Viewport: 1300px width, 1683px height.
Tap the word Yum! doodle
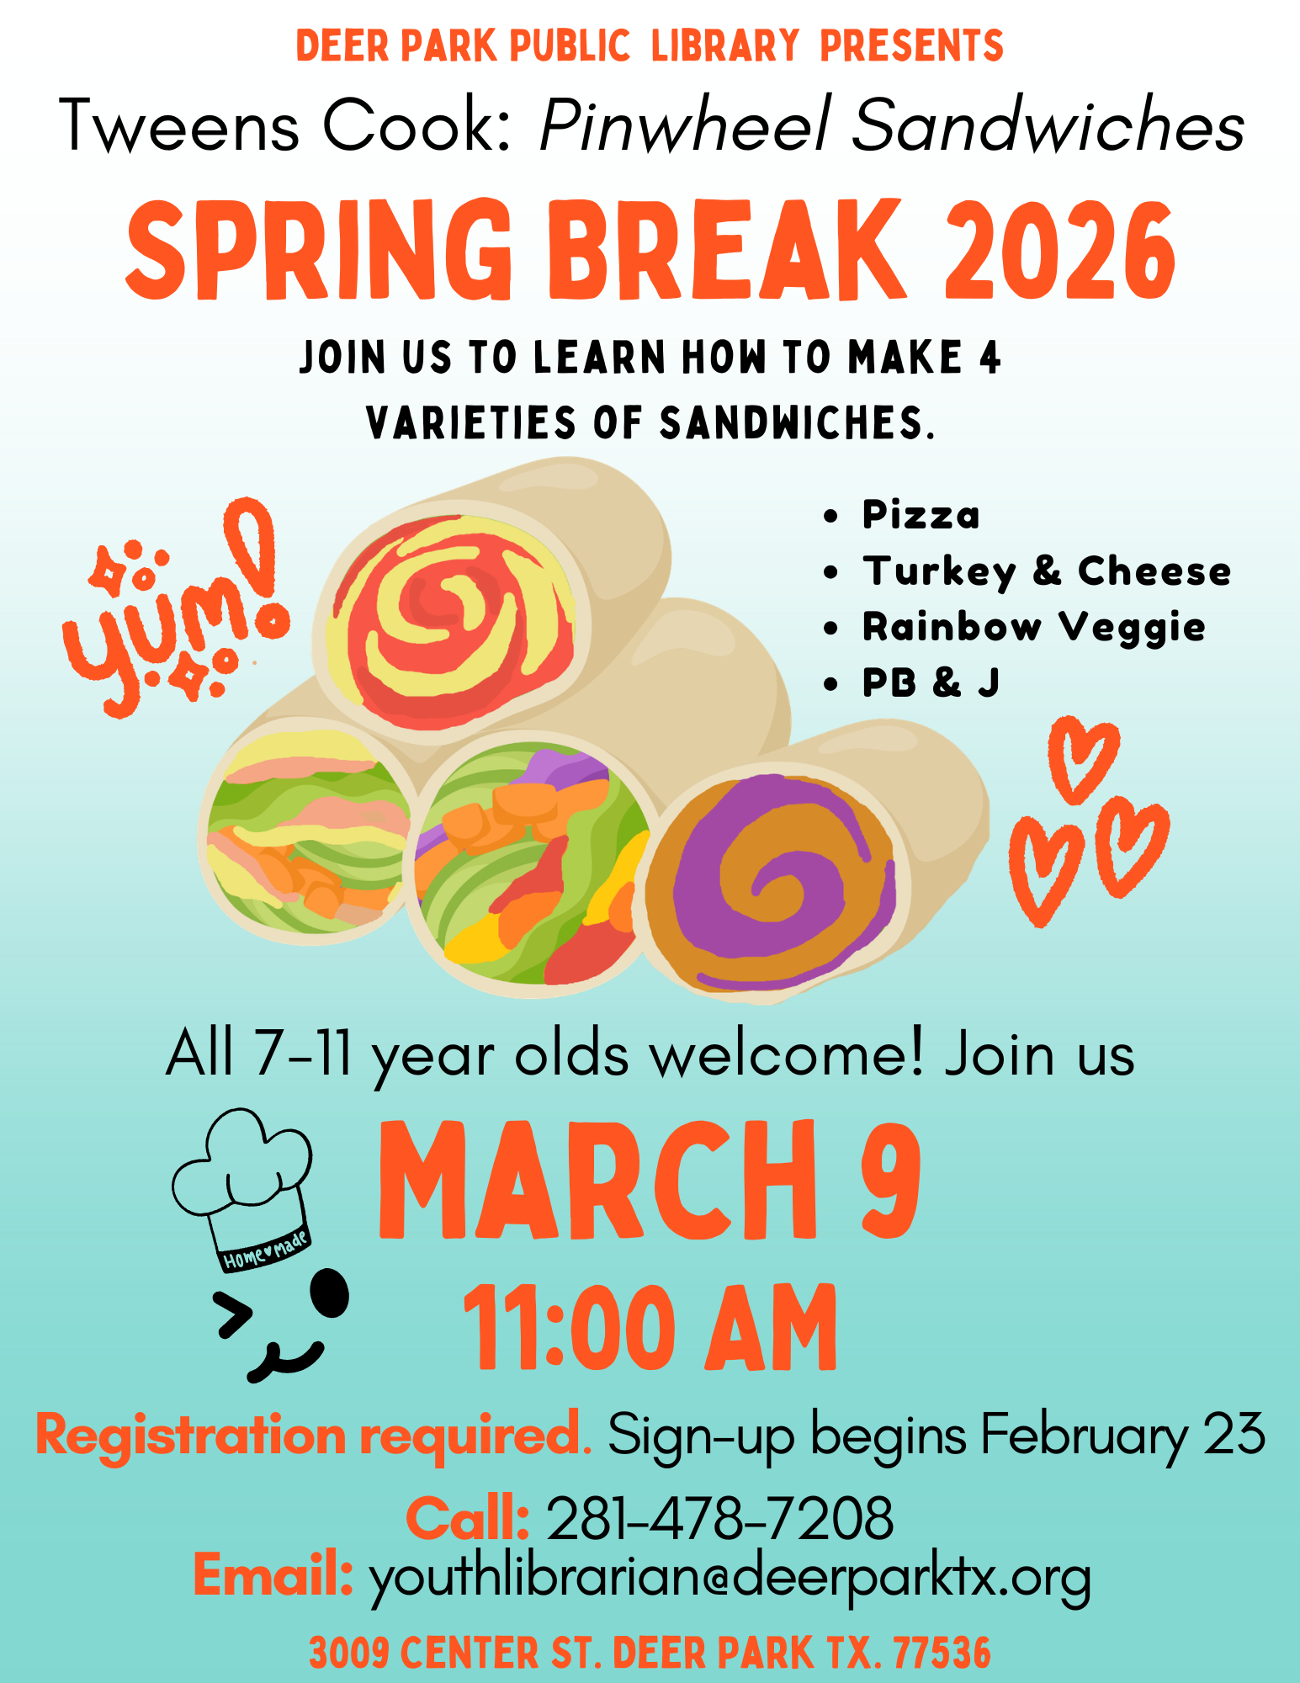[x=177, y=610]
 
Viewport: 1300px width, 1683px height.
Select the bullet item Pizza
[x=921, y=515]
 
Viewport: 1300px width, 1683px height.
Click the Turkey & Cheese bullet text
[x=1046, y=571]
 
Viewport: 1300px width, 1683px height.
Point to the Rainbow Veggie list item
[x=1033, y=627]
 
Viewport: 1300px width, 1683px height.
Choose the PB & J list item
[x=931, y=682]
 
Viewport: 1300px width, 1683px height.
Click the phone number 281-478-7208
[x=719, y=1519]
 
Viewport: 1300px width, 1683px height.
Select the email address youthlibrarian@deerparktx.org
[x=730, y=1576]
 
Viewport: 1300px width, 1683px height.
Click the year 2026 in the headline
[x=1060, y=252]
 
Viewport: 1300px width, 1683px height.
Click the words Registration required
[x=313, y=1435]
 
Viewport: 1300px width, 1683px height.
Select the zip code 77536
[x=942, y=1653]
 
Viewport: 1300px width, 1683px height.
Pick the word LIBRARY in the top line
[x=724, y=46]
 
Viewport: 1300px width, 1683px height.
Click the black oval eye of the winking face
[x=329, y=1293]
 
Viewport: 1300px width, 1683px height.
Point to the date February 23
[x=1123, y=1435]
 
